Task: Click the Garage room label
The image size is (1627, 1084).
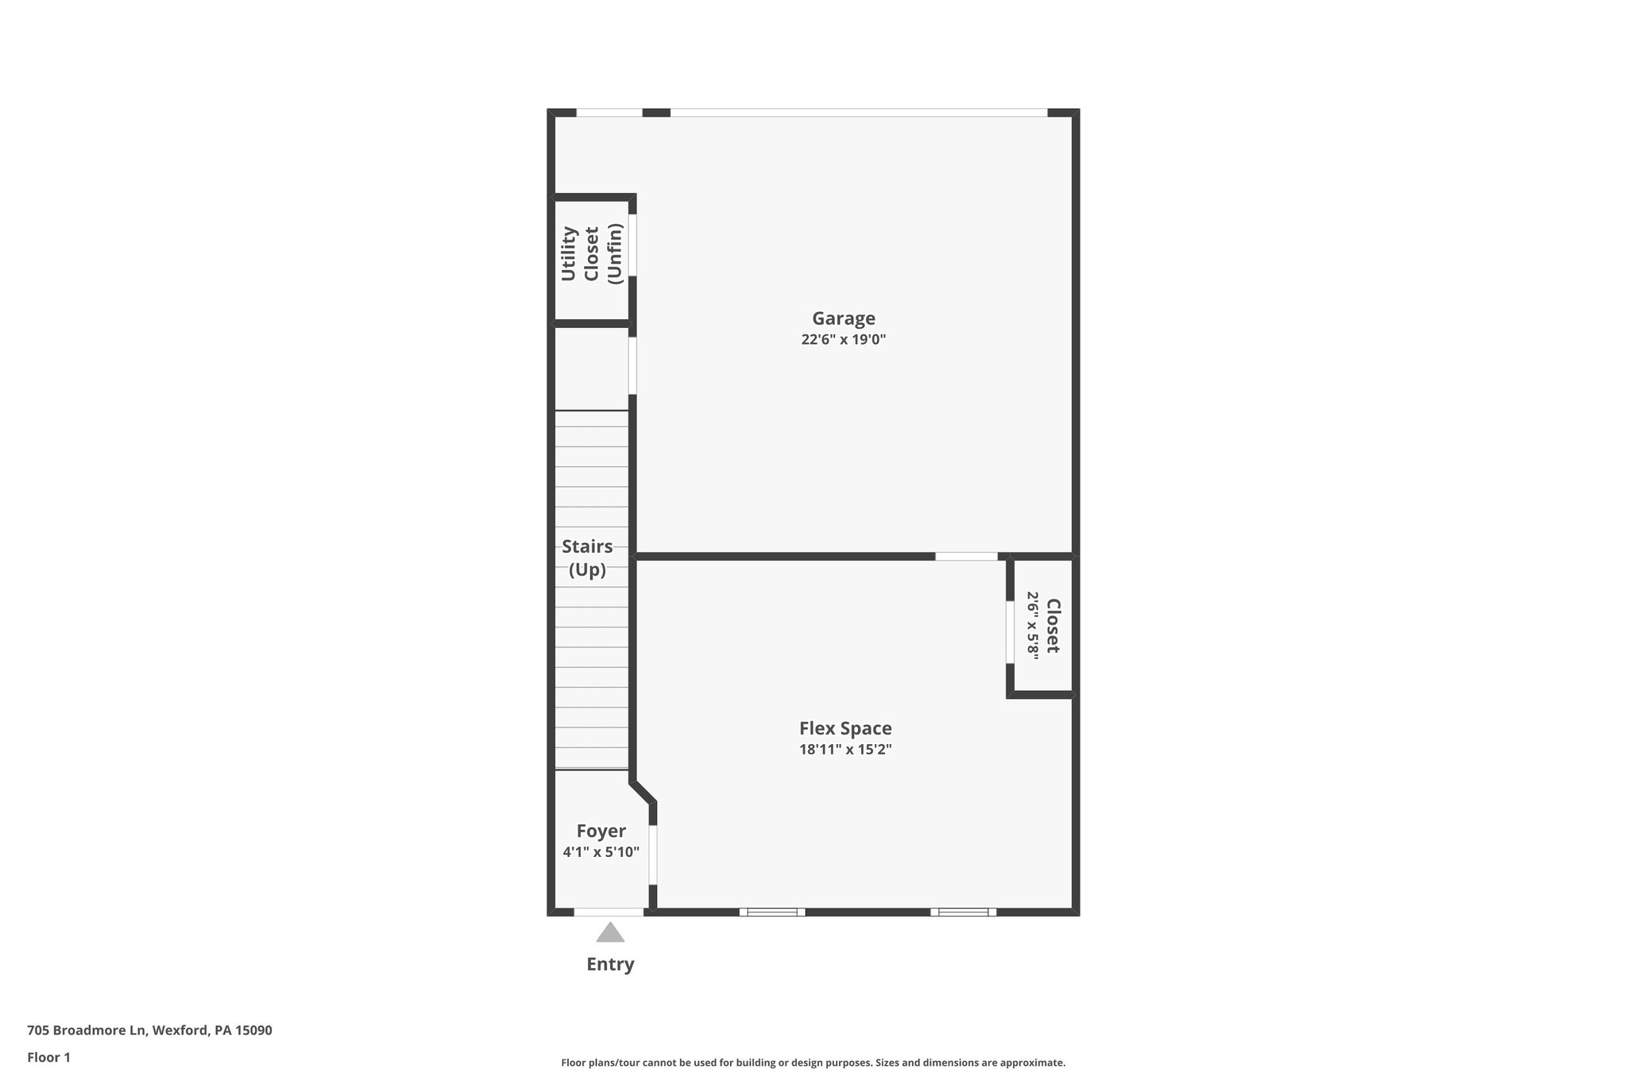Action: pyautogui.click(x=843, y=318)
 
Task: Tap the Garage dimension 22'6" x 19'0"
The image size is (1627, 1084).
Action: pyautogui.click(x=843, y=340)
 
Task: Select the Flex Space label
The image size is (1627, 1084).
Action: pyautogui.click(x=845, y=728)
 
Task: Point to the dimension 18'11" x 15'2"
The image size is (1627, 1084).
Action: pyautogui.click(x=845, y=750)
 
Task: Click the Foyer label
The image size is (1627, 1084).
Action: pyautogui.click(x=601, y=831)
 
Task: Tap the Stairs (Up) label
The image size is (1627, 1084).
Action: pyautogui.click(x=587, y=557)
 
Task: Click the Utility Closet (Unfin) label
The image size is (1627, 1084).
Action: pyautogui.click(x=592, y=254)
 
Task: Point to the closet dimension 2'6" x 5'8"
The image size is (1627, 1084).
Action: pyautogui.click(x=1033, y=626)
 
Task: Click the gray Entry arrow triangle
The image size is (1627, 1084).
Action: pyautogui.click(x=610, y=933)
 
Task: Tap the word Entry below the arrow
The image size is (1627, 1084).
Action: pyautogui.click(x=610, y=964)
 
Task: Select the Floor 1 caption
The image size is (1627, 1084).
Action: pyautogui.click(x=48, y=1057)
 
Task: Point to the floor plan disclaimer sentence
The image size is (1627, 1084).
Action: pyautogui.click(x=813, y=1063)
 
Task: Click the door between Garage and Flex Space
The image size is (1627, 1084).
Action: pyautogui.click(x=966, y=556)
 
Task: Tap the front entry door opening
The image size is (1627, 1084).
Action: pyautogui.click(x=609, y=912)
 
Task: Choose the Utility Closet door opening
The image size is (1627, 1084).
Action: pyautogui.click(x=632, y=245)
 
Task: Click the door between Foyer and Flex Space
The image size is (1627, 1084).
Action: pyautogui.click(x=653, y=855)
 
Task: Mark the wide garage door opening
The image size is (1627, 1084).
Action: pyautogui.click(x=858, y=113)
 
